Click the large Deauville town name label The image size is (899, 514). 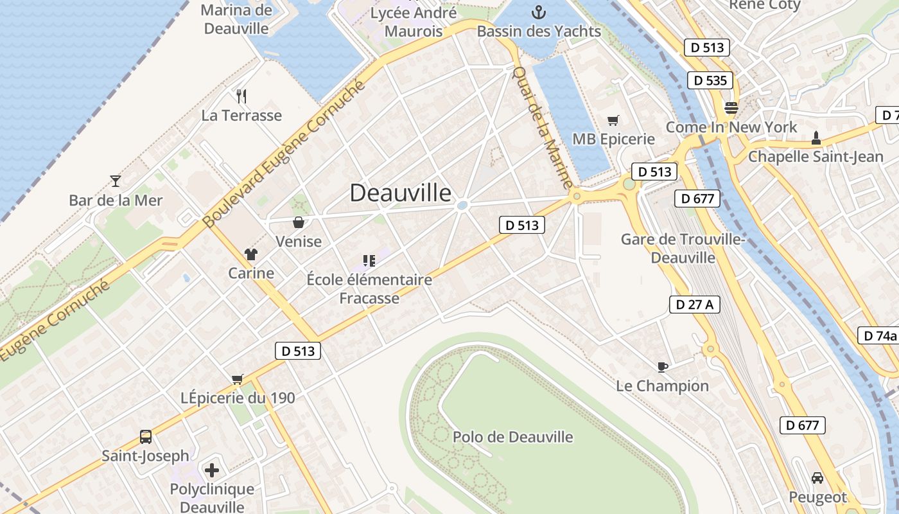400,193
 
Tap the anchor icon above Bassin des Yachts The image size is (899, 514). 539,12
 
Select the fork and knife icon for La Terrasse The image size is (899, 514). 241,96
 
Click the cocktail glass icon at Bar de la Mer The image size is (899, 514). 116,181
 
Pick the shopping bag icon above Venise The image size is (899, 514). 299,222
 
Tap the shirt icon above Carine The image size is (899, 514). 250,254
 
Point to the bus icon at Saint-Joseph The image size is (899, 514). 146,437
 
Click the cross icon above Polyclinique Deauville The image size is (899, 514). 212,470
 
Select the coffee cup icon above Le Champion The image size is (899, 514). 663,367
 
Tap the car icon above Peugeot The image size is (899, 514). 817,478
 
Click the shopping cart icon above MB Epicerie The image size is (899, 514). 613,120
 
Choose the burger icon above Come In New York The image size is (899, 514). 731,107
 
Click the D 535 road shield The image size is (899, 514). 711,80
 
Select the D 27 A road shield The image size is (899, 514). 695,305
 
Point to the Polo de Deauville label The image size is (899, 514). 512,438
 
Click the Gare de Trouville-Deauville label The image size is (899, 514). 683,249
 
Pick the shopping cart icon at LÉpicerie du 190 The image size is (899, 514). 238,379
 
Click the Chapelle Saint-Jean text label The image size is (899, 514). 816,156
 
